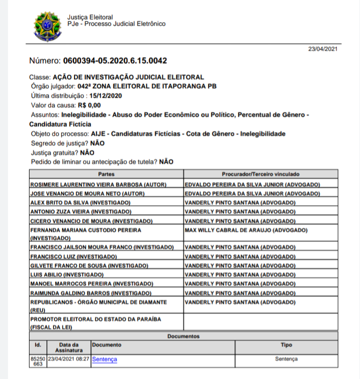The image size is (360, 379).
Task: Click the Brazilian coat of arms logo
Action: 47,26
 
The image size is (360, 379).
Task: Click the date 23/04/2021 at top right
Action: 323,49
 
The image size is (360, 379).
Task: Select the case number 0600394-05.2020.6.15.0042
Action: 114,61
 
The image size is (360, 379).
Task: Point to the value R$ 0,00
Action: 89,105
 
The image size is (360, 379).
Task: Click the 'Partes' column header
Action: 106,174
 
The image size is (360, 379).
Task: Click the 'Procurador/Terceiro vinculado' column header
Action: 260,174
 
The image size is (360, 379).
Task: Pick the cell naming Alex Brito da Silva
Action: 80,202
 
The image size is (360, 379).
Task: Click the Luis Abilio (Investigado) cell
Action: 67,275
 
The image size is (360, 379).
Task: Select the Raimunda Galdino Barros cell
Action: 90,293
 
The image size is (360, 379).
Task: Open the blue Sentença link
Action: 104,359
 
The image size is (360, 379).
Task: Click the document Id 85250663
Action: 38,361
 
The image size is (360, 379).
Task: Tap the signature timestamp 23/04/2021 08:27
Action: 69,359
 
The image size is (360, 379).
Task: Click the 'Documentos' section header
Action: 183,336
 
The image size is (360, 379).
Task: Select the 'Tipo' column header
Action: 286,345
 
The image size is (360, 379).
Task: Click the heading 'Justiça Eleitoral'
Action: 90,17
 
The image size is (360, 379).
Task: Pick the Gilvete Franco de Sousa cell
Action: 89,265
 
